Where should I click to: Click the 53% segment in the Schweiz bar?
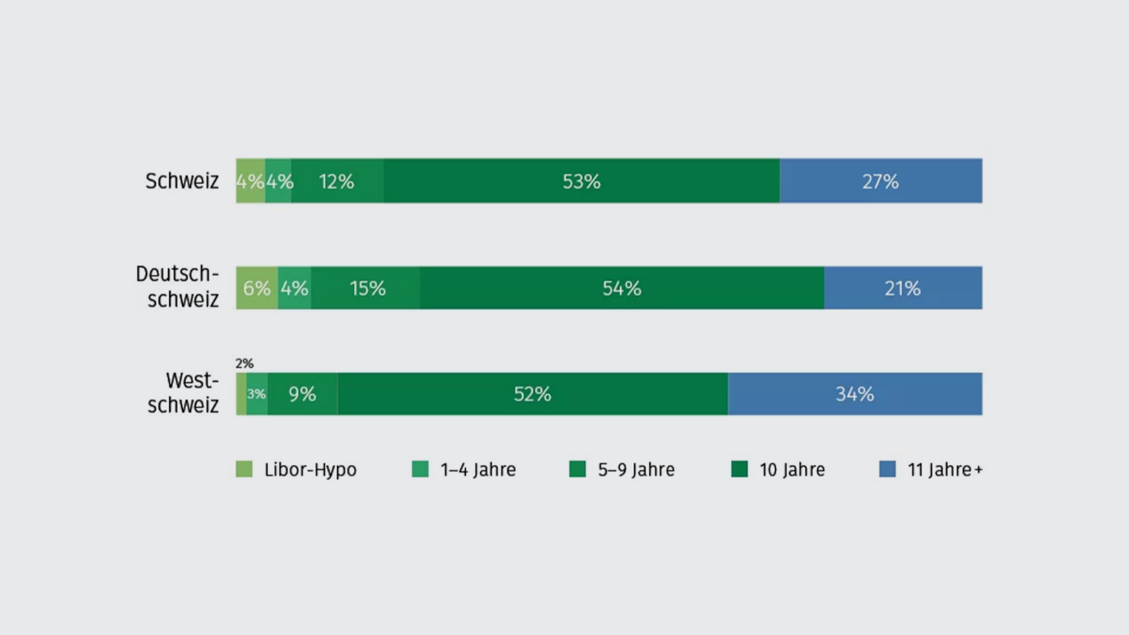582,181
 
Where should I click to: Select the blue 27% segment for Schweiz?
880,181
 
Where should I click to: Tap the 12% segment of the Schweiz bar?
337,181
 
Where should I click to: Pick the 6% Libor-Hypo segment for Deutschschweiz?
257,288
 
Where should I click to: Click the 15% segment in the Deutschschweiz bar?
367,288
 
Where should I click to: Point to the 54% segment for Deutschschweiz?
622,288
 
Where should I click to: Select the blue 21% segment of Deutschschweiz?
903,288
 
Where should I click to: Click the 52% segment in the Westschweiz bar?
532,394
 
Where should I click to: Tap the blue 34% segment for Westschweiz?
855,394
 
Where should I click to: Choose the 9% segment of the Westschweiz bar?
302,394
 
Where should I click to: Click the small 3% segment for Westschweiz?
256,394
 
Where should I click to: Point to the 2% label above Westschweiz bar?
245,363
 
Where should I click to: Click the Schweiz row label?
182,181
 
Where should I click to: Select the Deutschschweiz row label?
178,287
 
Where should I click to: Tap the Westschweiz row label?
183,393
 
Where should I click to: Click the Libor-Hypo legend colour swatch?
244,469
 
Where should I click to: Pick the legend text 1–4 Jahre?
478,470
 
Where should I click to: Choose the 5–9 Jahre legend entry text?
636,470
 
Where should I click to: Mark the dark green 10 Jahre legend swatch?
739,469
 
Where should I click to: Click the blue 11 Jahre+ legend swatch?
887,469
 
